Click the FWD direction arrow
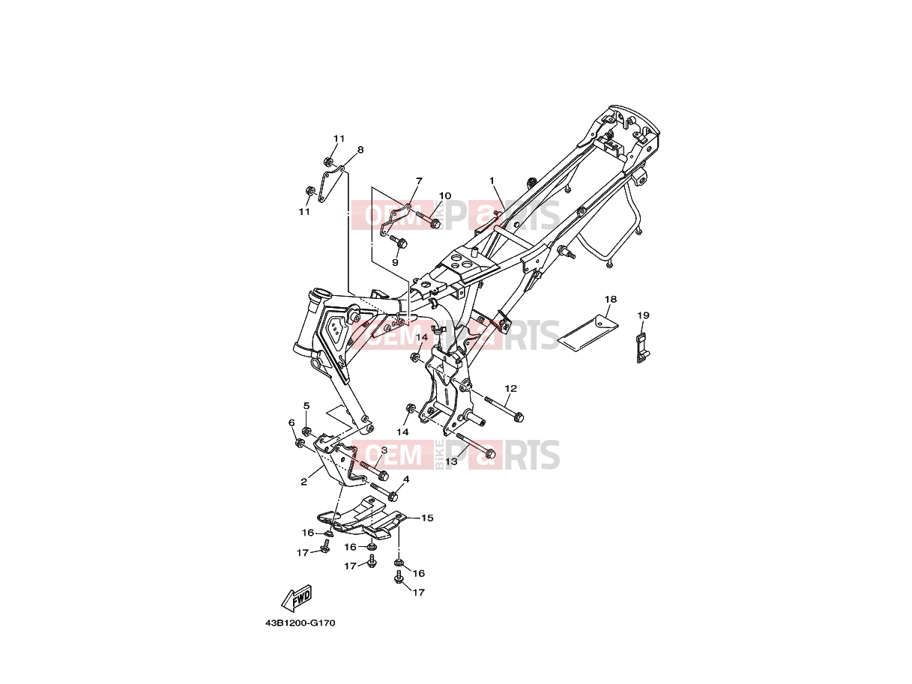pyautogui.click(x=296, y=599)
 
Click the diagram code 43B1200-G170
pyautogui.click(x=300, y=635)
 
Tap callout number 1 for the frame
pyautogui.click(x=492, y=181)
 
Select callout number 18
pyautogui.click(x=610, y=299)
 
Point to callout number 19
pyautogui.click(x=643, y=315)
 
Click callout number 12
pyautogui.click(x=510, y=388)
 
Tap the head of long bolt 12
pyautogui.click(x=519, y=418)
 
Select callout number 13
pyautogui.click(x=451, y=461)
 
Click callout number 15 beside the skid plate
pyautogui.click(x=427, y=518)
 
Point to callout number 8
pyautogui.click(x=360, y=150)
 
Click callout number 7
pyautogui.click(x=419, y=181)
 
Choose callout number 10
pyautogui.click(x=444, y=196)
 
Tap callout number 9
pyautogui.click(x=395, y=262)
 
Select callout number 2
pyautogui.click(x=304, y=482)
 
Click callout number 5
pyautogui.click(x=306, y=405)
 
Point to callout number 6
pyautogui.click(x=292, y=423)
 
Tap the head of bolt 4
pyautogui.click(x=393, y=496)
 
